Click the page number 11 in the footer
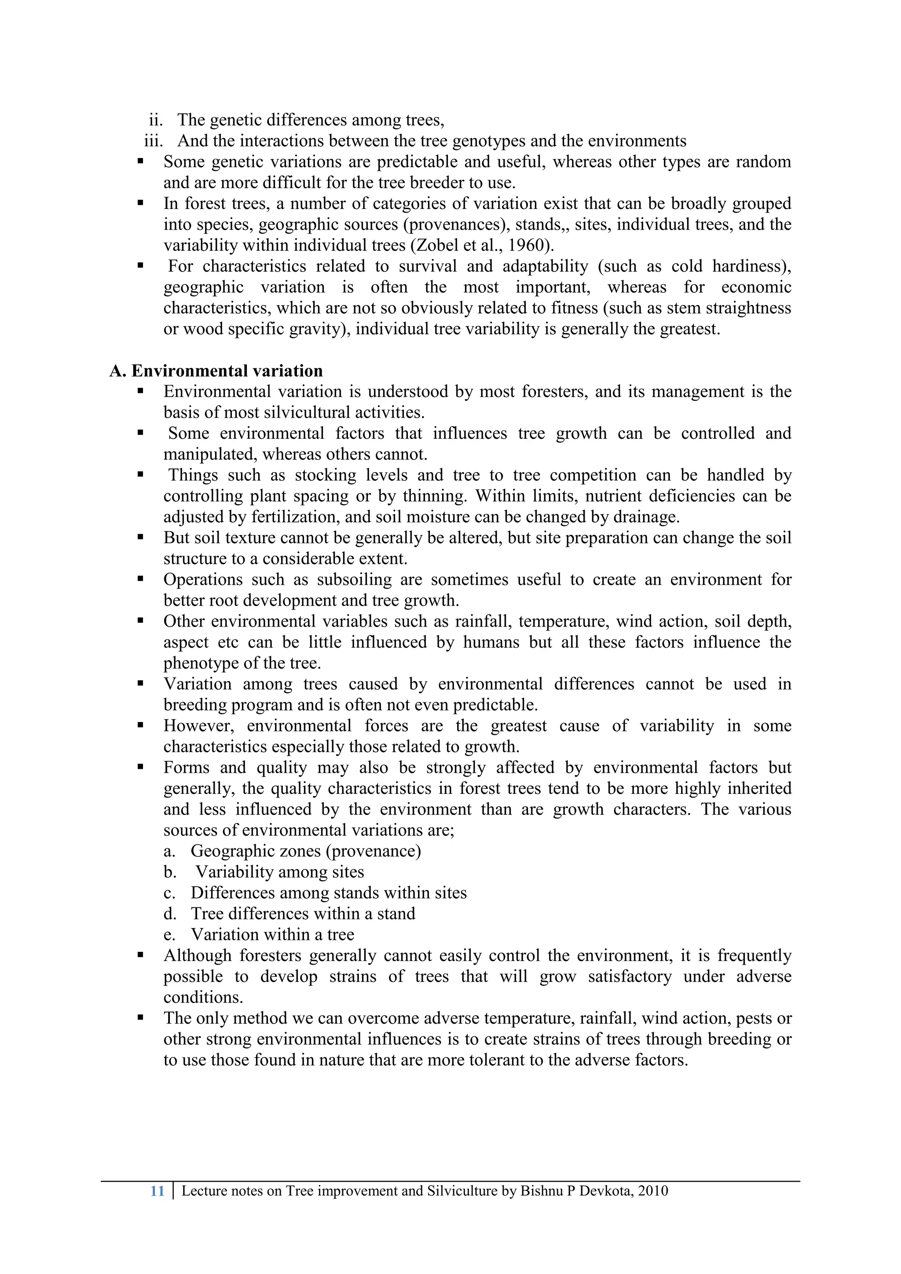(x=157, y=1191)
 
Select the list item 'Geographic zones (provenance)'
(x=306, y=851)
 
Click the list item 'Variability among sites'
(x=280, y=872)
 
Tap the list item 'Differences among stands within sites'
(x=329, y=893)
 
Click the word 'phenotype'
(x=202, y=663)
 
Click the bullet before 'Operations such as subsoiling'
(x=140, y=579)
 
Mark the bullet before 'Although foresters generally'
(x=140, y=955)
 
